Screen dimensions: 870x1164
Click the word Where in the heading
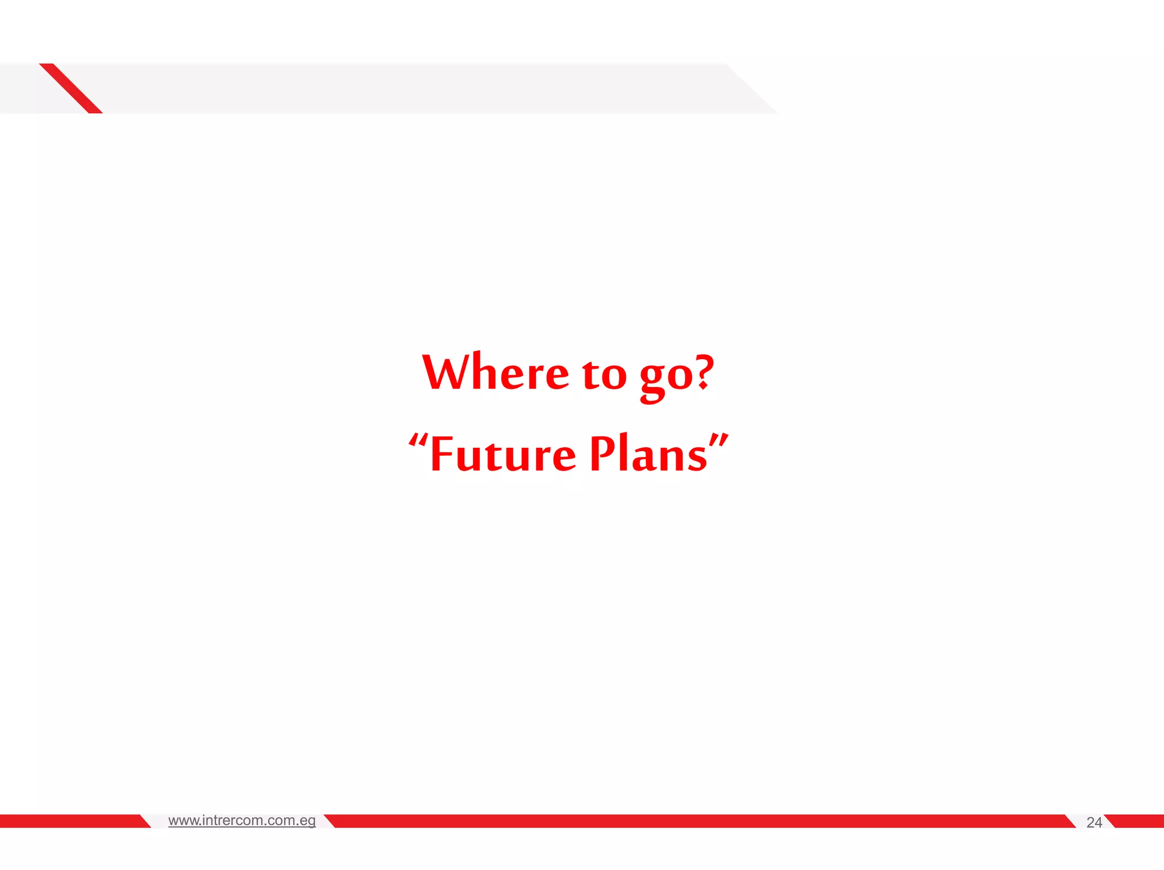495,373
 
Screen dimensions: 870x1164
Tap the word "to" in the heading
604,375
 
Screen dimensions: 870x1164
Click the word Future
502,454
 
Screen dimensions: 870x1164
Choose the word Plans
648,454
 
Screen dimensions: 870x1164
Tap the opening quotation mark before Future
418,440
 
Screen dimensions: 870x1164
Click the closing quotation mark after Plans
719,440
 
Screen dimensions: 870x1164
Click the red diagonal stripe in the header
71,88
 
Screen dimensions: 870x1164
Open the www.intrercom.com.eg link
242,821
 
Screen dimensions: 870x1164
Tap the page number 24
1094,822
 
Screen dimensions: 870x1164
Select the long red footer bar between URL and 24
699,821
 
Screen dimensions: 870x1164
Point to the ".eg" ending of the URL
306,821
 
